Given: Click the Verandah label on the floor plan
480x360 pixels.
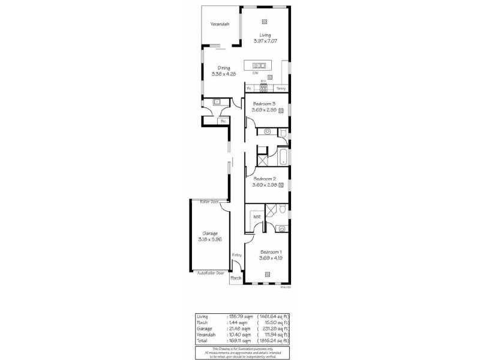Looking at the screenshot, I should (220, 25).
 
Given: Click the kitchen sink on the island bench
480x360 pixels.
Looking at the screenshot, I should (259, 65).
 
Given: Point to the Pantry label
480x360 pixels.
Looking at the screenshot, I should (280, 88).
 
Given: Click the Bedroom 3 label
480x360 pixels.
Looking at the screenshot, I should (264, 104).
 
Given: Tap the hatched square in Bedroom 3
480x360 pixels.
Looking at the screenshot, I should (280, 110).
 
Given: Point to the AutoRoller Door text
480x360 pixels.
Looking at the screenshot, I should (211, 273).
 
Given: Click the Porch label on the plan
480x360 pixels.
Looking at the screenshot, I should (236, 278).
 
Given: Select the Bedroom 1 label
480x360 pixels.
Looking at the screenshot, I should (270, 251).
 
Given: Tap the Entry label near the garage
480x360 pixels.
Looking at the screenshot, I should (237, 255).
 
